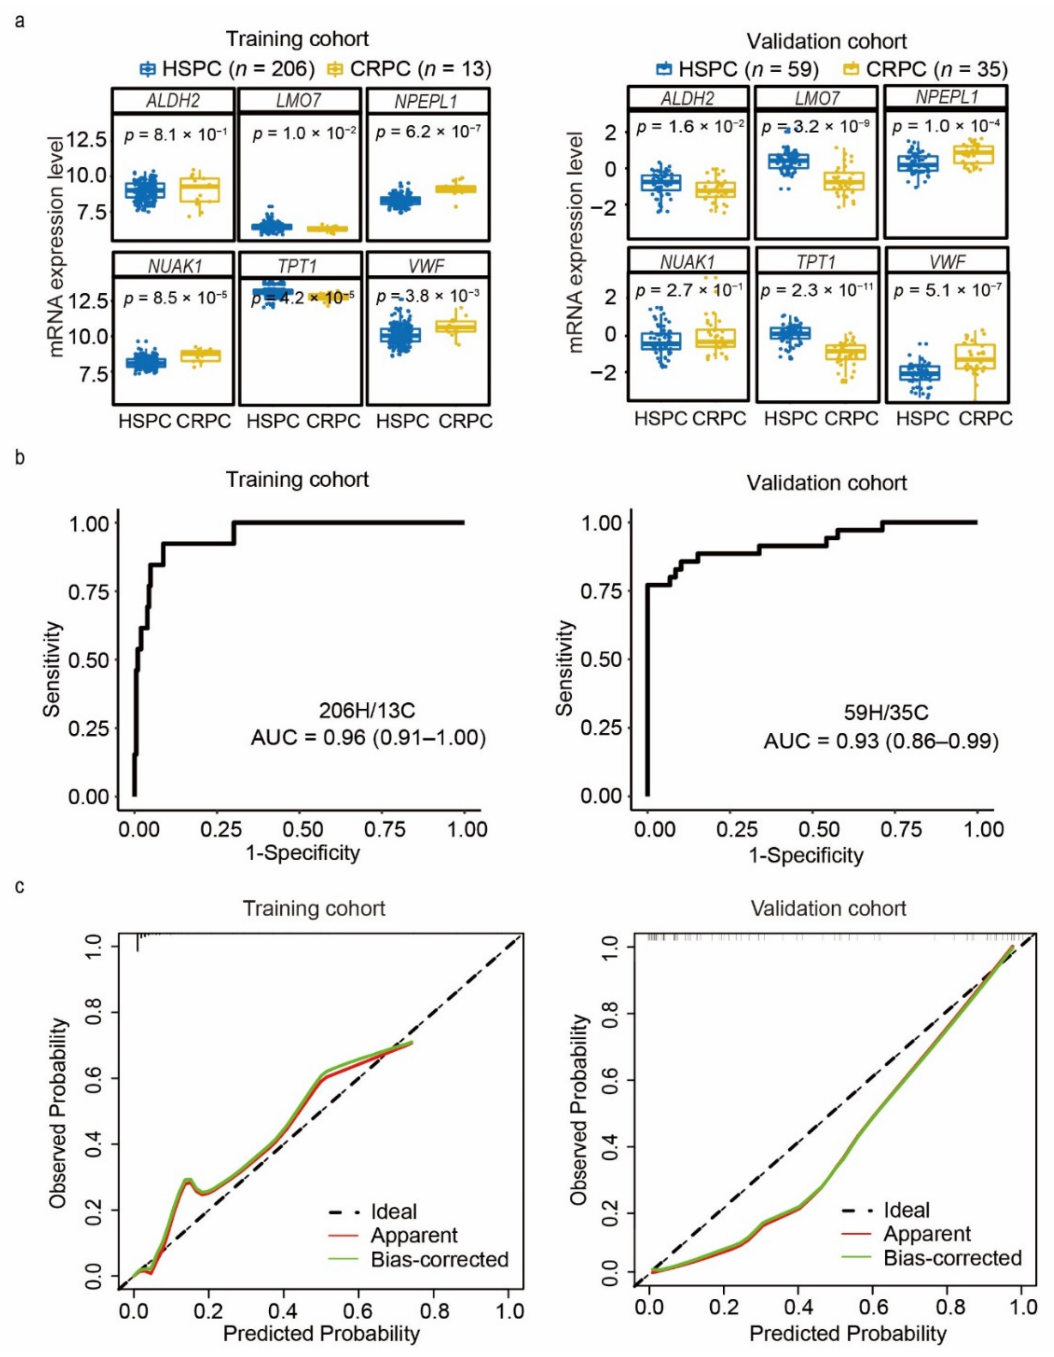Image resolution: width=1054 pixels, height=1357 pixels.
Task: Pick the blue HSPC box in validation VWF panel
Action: tap(920, 373)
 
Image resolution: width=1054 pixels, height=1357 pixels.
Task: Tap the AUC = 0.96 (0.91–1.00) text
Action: tap(368, 738)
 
